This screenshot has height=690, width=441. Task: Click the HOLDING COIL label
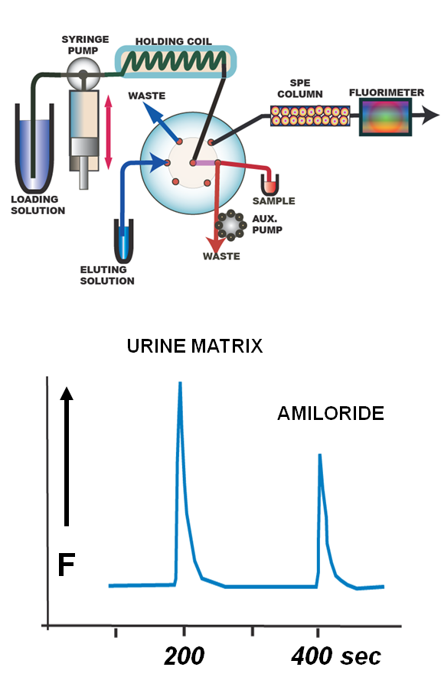coord(173,41)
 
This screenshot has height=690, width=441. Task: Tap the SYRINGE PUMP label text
coord(85,45)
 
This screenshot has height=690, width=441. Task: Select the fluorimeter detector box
coord(385,116)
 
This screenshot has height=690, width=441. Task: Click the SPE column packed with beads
coord(310,116)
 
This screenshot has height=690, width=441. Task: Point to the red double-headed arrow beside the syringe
coord(109,132)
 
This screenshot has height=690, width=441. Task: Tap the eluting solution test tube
coord(124,241)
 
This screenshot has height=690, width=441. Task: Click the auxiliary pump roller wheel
coord(230,225)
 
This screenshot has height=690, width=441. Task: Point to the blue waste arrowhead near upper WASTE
coord(153,115)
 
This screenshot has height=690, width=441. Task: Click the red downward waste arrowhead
coord(215,244)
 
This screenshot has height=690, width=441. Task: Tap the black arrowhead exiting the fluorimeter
coord(430,116)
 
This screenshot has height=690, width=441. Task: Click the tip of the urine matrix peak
coord(180,382)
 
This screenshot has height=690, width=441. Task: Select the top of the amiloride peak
coord(319,454)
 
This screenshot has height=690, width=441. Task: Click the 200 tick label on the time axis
coord(185,656)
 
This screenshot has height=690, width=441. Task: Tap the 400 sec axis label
coord(335,656)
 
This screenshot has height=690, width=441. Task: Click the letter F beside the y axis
coord(67,565)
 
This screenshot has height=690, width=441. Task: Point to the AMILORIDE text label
coord(331,413)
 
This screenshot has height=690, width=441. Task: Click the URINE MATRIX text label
coord(194,346)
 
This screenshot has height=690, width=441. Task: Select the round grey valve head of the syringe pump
coord(83,73)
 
